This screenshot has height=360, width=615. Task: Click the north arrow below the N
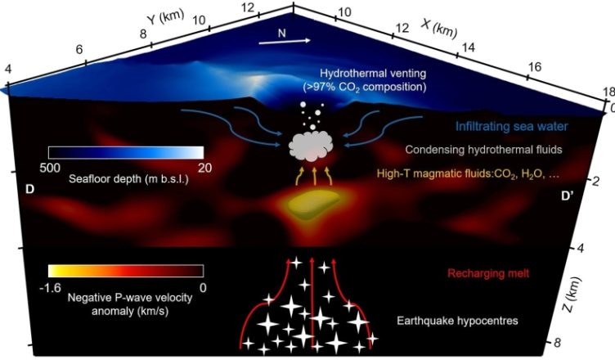(x=285, y=41)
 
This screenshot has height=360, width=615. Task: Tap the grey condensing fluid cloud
(x=311, y=146)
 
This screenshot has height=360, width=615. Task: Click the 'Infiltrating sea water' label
(x=511, y=127)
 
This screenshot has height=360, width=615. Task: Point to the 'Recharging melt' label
(x=488, y=273)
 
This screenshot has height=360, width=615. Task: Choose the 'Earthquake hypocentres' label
(x=457, y=321)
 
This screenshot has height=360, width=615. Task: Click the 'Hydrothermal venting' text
(x=373, y=74)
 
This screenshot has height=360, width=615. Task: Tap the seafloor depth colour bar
(x=126, y=152)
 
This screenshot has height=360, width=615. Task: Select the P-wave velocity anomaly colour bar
(x=126, y=271)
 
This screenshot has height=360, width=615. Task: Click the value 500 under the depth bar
(x=50, y=168)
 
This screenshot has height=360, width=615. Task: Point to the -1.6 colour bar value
(x=50, y=288)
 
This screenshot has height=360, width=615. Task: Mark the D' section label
(x=567, y=196)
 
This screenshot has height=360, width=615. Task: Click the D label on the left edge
(x=29, y=189)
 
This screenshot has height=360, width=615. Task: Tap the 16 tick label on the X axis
(x=535, y=67)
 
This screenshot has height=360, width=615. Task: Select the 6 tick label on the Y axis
(x=79, y=49)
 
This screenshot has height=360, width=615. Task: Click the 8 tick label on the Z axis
(x=558, y=343)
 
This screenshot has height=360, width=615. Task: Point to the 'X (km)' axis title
(x=439, y=29)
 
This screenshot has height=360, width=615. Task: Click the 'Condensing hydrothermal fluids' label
(x=483, y=150)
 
